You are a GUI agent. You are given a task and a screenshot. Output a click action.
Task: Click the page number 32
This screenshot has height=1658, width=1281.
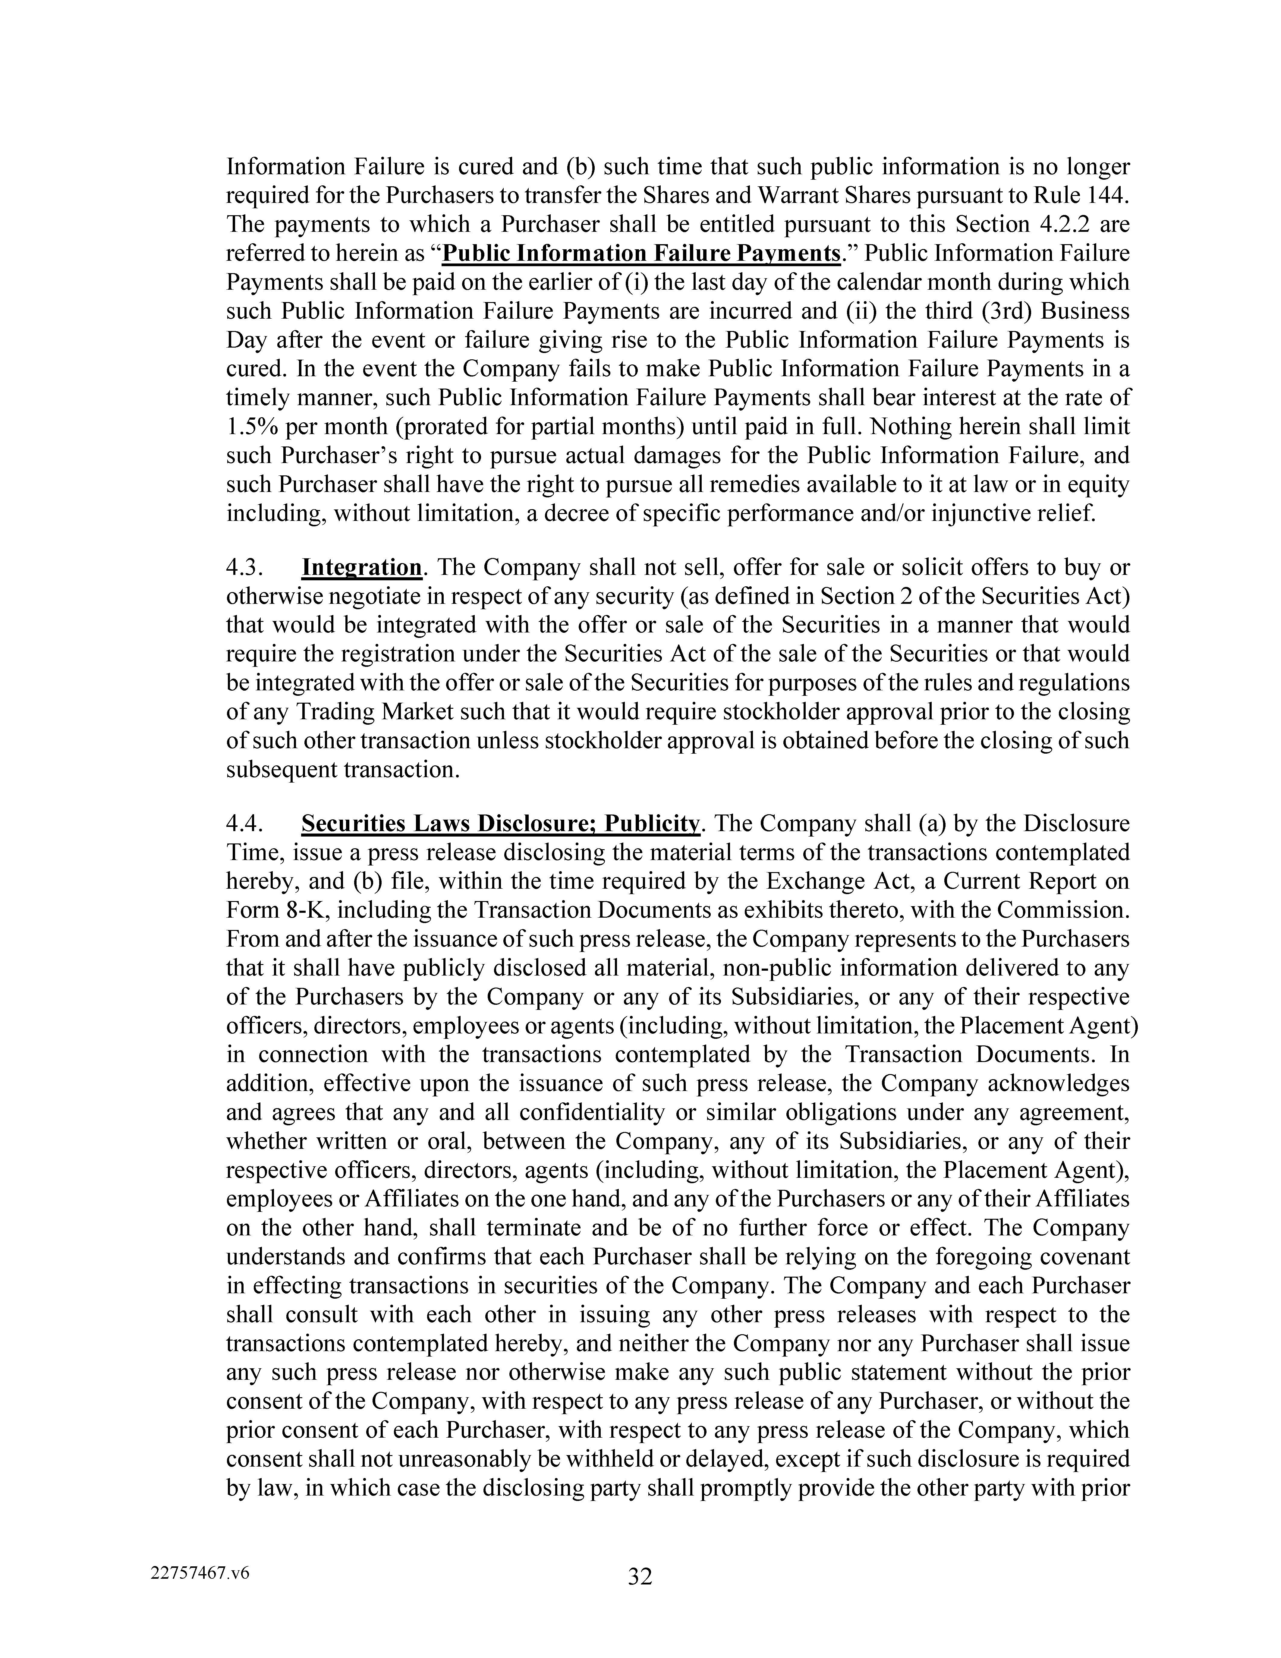point(640,1577)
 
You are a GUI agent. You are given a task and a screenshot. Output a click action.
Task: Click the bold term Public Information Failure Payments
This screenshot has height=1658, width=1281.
point(642,253)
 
